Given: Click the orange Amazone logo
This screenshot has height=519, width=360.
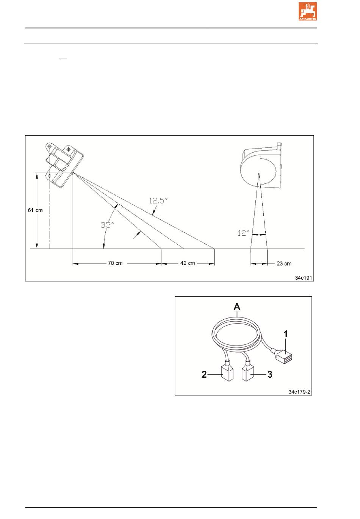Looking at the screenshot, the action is coord(307,12).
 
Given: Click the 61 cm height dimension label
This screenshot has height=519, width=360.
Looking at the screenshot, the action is coord(35,210).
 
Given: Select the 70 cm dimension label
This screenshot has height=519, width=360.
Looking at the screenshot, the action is coord(115,263).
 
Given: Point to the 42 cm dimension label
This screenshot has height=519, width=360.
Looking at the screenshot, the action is coord(188,263).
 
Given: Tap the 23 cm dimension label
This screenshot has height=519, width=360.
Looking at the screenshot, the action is coord(284,263).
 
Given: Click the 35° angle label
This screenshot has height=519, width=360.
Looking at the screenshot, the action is coord(107,225).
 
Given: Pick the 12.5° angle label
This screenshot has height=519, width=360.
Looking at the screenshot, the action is coord(158,200).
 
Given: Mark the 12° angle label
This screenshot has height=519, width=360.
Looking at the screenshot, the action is coord(243,233).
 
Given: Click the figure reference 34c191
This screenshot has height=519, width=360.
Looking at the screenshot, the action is coord(304,278).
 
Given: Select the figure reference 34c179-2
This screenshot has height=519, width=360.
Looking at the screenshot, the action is coord(299,392).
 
